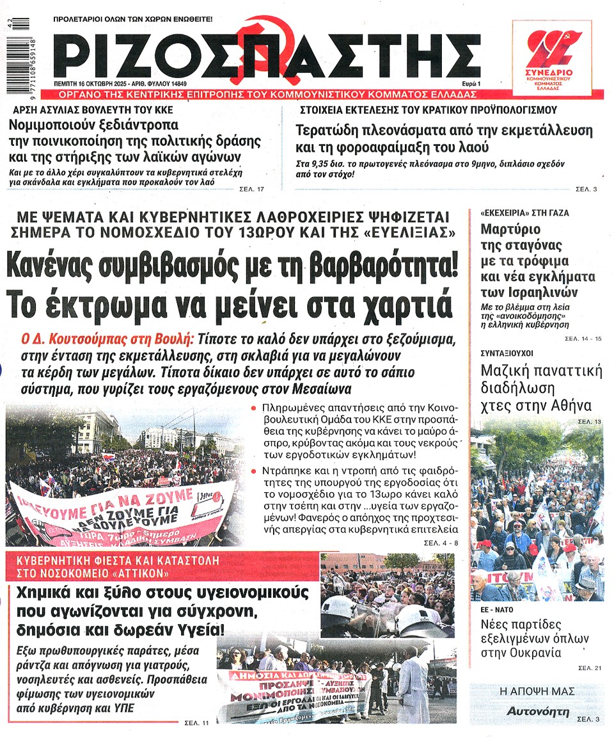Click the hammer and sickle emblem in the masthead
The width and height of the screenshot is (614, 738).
pos(260,48)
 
